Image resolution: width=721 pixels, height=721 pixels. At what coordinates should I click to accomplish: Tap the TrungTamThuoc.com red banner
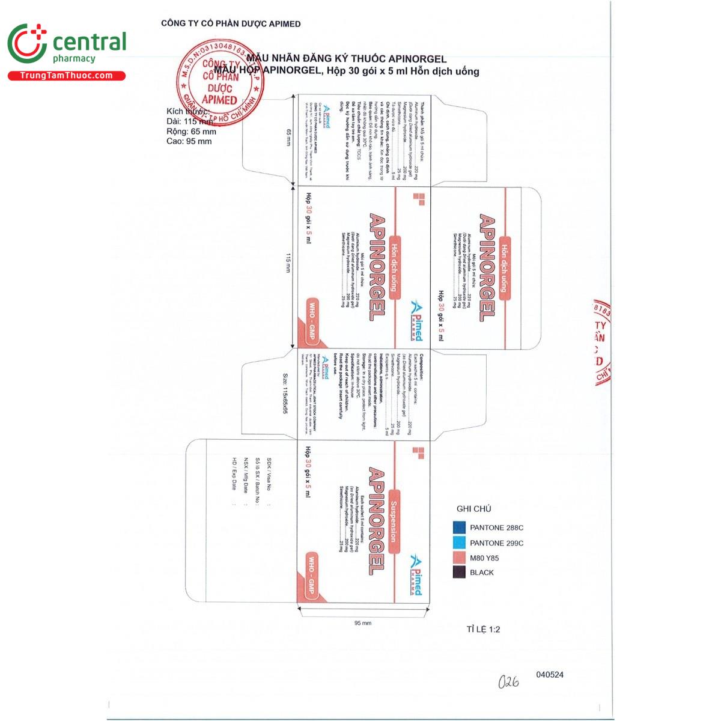point(66,76)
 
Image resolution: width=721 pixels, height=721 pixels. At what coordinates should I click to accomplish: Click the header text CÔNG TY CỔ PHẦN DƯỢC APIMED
point(231,24)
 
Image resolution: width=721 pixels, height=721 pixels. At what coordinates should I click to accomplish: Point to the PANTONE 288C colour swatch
point(460,528)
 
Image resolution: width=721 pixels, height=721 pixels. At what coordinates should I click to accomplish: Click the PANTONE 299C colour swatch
point(460,543)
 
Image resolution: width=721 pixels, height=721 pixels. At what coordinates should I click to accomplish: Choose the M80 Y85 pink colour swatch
point(460,558)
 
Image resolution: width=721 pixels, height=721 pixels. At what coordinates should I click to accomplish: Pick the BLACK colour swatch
point(460,572)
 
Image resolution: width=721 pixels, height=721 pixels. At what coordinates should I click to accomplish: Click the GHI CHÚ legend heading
point(473,509)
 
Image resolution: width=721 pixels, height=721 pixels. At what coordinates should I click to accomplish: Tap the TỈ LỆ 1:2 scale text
point(483,630)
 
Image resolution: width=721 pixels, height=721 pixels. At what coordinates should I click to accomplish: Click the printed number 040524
point(549,675)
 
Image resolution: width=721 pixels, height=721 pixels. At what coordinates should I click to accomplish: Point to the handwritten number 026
point(508,681)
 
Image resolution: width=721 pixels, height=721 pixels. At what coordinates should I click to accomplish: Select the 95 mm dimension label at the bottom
point(363,623)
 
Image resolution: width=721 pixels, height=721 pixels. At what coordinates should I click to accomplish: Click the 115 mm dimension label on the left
point(289,264)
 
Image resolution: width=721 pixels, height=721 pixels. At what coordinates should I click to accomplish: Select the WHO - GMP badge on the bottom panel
point(311,576)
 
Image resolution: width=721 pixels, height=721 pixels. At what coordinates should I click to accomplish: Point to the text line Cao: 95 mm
point(189,141)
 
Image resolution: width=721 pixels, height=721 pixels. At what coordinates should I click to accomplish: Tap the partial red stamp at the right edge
point(601,342)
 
